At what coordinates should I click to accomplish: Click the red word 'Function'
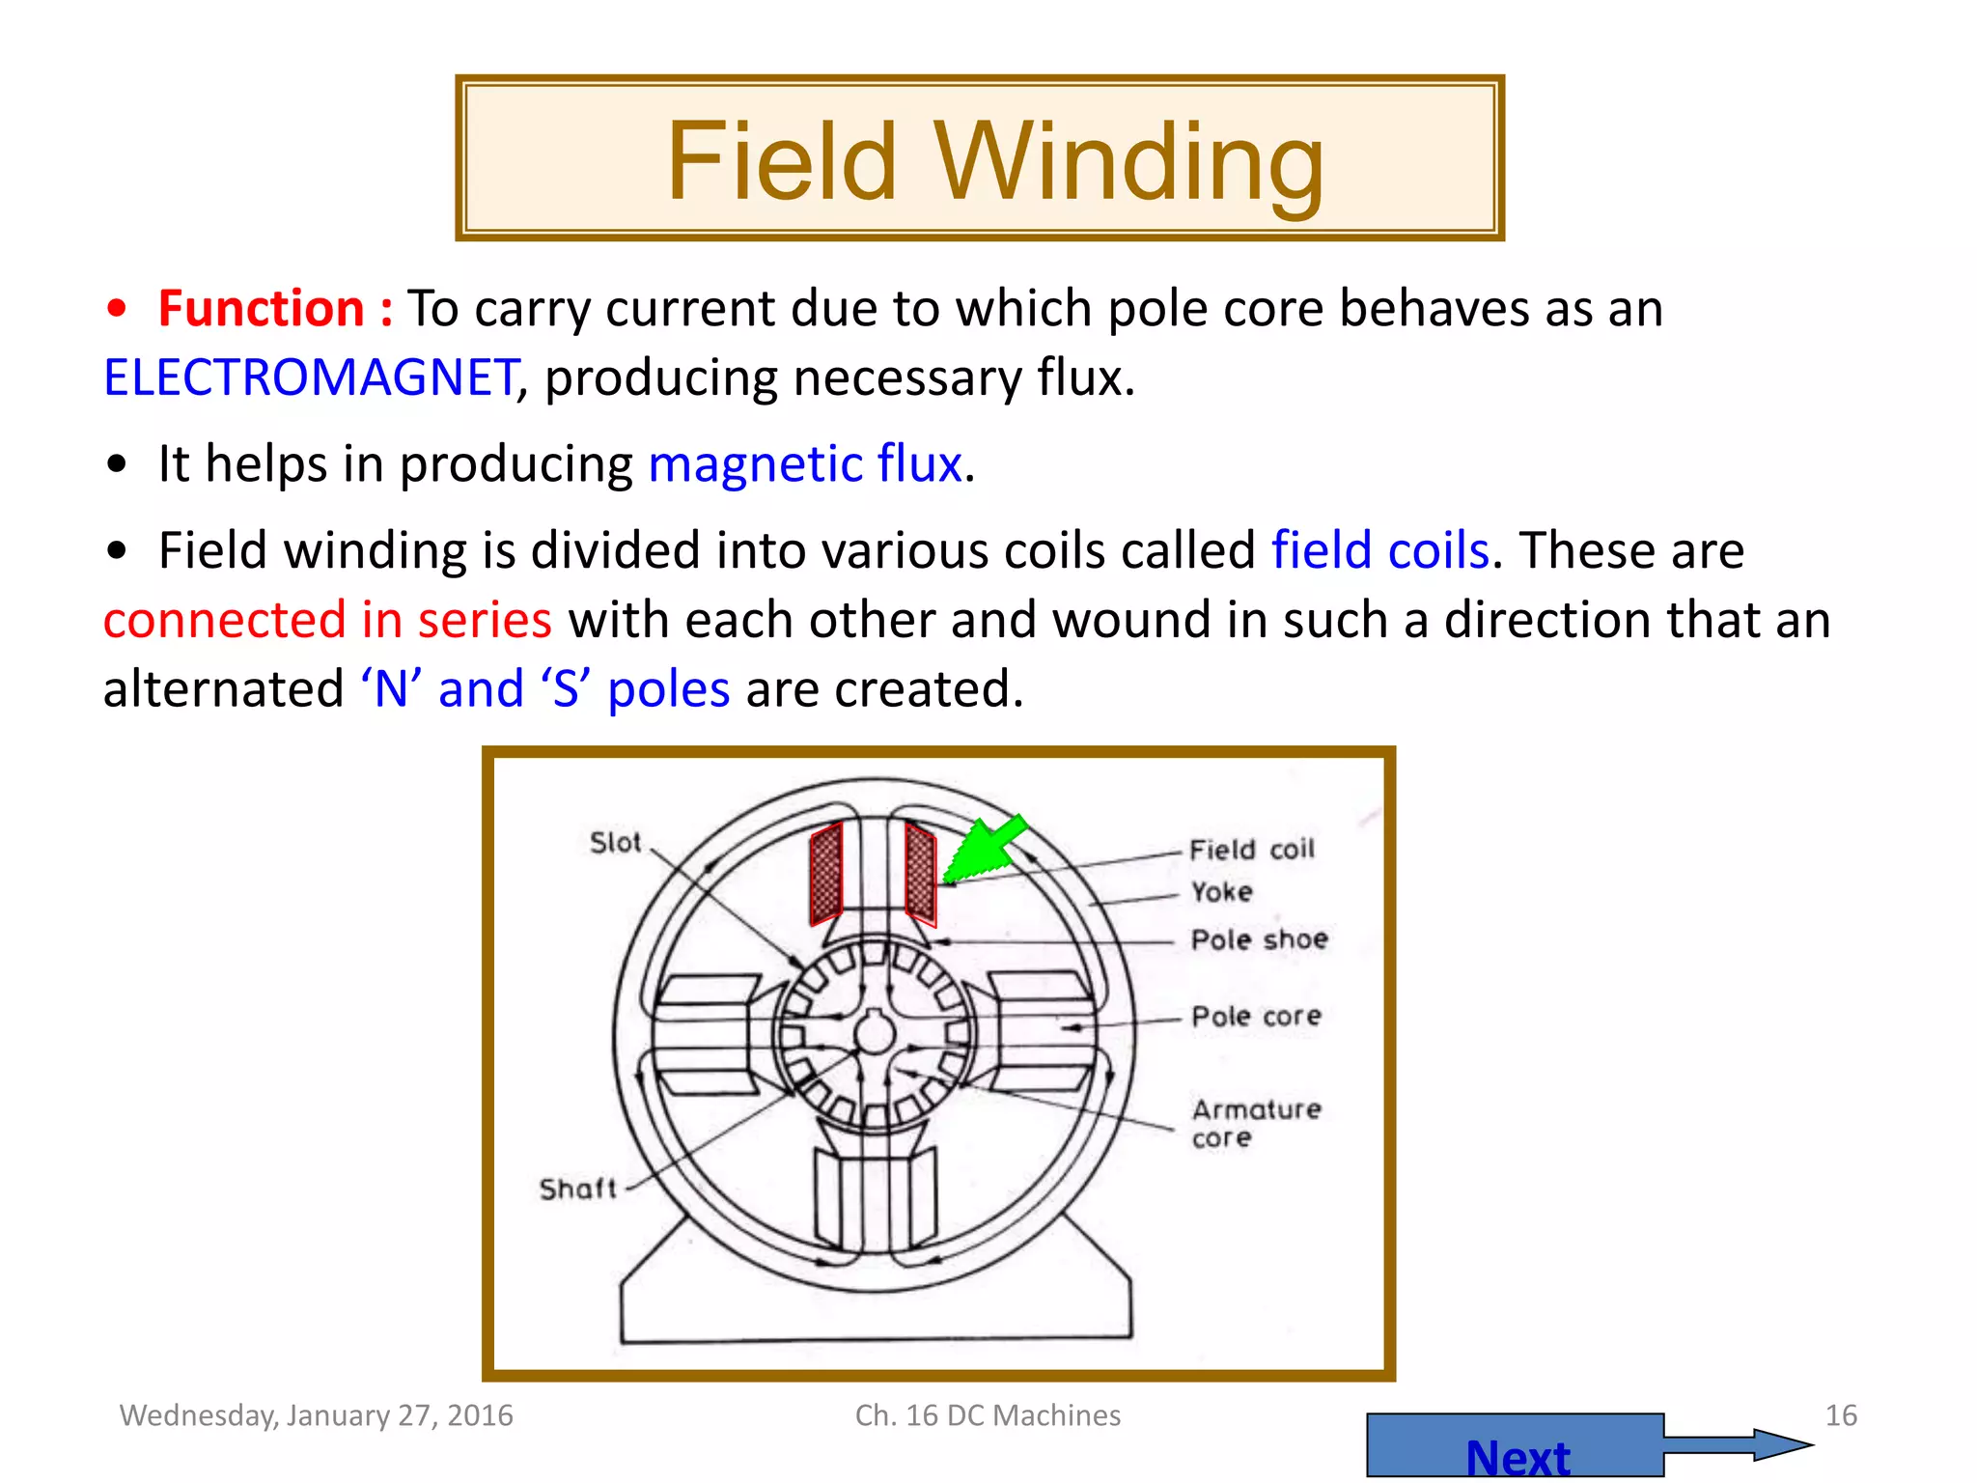coord(261,309)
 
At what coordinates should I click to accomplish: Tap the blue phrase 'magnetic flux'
coord(805,464)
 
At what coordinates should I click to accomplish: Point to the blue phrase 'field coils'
coord(1380,551)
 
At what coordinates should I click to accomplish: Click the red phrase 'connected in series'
coord(327,620)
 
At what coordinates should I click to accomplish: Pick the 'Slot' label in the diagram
coord(615,843)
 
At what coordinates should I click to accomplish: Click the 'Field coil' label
coord(1251,850)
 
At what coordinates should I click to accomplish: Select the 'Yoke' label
coord(1221,892)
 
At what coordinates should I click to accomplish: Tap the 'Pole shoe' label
coord(1259,939)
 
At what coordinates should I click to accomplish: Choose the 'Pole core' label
coord(1256,1017)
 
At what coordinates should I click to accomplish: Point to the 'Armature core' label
coord(1255,1123)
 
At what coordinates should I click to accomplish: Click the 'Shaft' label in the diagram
coord(577,1189)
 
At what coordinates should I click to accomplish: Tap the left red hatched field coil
coord(826,875)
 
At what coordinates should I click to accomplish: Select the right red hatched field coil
coord(920,873)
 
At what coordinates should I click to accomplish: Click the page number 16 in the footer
coord(1841,1415)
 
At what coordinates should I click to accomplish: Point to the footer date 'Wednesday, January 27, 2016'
coord(317,1415)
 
